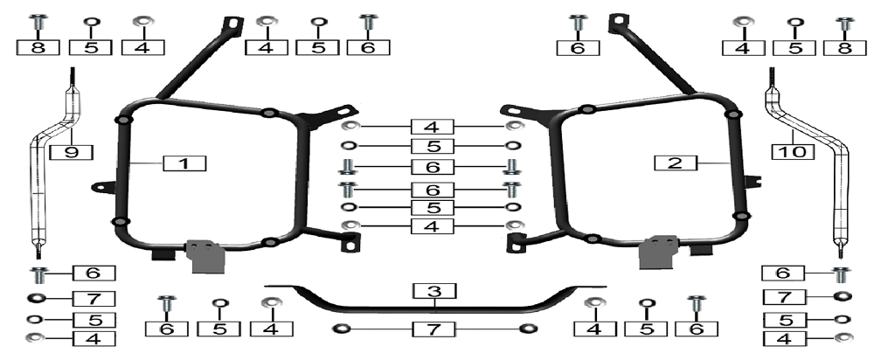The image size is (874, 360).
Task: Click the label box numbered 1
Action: click(x=184, y=164)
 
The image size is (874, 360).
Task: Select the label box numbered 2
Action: click(x=676, y=163)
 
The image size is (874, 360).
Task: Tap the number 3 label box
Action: click(x=434, y=291)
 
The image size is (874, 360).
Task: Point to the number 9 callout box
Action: click(x=72, y=152)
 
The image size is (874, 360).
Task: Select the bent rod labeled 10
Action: click(x=808, y=162)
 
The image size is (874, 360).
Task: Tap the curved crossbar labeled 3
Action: click(x=434, y=300)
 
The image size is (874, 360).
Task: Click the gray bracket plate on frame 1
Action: click(x=207, y=256)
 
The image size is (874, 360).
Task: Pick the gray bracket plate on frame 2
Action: click(x=658, y=252)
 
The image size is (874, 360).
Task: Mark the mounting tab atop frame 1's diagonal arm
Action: click(x=233, y=26)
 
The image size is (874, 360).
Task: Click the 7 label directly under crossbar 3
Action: click(x=434, y=329)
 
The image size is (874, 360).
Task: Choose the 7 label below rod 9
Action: click(x=94, y=299)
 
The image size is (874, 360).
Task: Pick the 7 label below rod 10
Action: click(x=784, y=297)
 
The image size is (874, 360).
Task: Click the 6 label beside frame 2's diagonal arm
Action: click(x=578, y=48)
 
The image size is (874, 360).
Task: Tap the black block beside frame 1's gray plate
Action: click(x=163, y=254)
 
